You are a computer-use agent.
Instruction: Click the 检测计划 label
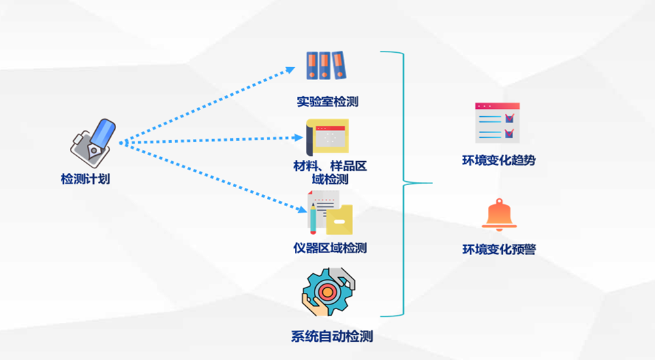point(85,179)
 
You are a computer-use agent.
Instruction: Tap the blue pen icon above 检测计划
point(95,139)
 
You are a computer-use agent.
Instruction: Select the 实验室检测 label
point(327,102)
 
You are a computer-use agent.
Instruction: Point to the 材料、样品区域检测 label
point(330,172)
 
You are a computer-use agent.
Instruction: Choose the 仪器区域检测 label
point(330,248)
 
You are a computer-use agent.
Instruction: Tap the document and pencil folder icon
point(330,213)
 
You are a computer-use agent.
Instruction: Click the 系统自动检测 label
point(331,337)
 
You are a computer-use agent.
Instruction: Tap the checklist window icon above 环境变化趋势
point(497,123)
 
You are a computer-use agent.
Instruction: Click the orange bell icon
point(499,215)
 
